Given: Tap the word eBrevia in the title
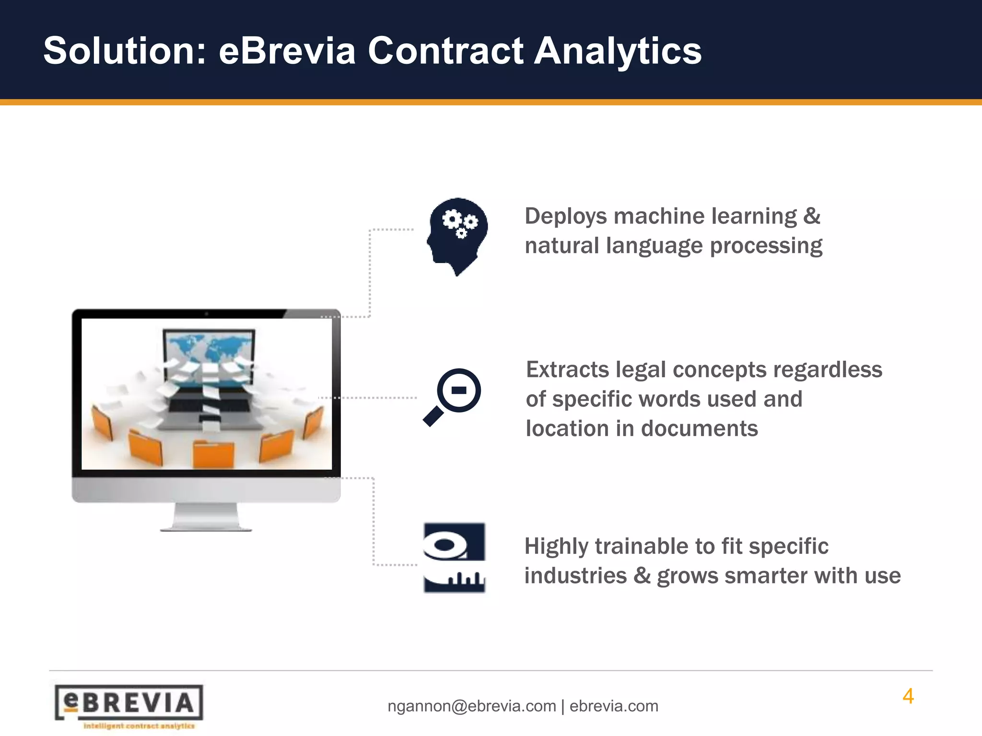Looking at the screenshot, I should [x=287, y=51].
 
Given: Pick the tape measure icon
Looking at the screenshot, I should [x=455, y=558].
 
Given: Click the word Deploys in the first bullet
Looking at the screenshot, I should [x=566, y=216].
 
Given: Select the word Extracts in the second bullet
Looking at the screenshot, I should [x=567, y=369].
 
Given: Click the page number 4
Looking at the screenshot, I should [x=908, y=696].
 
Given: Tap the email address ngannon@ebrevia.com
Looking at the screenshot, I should [x=472, y=706].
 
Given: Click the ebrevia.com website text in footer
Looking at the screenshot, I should [x=614, y=706].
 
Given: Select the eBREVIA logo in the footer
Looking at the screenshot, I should [x=129, y=703].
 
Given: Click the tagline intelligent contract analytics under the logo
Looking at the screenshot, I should [x=139, y=726].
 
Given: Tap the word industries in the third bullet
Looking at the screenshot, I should [x=575, y=575].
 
